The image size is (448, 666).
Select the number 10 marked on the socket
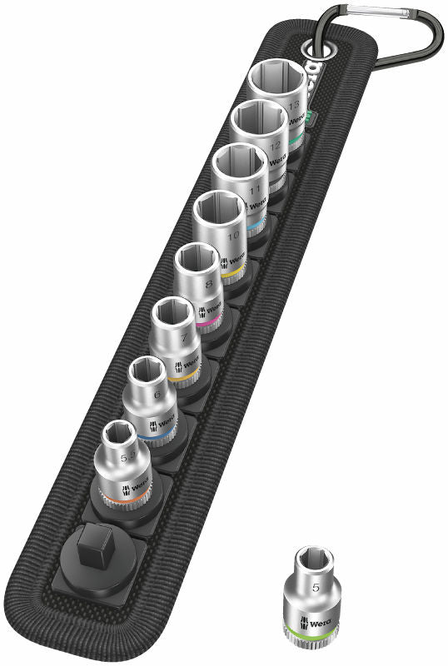[234, 236]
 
